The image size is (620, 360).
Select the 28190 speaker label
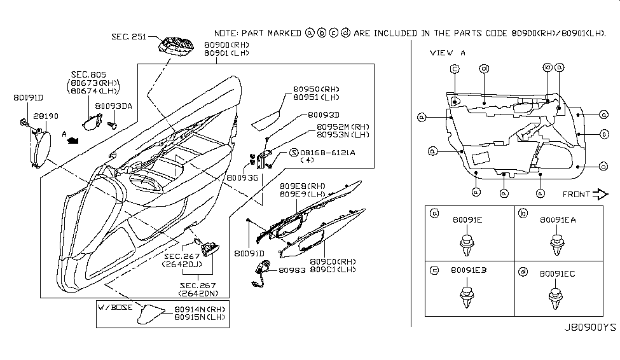click(43, 117)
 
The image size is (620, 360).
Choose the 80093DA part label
click(113, 106)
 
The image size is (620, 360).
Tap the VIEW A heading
click(448, 53)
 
